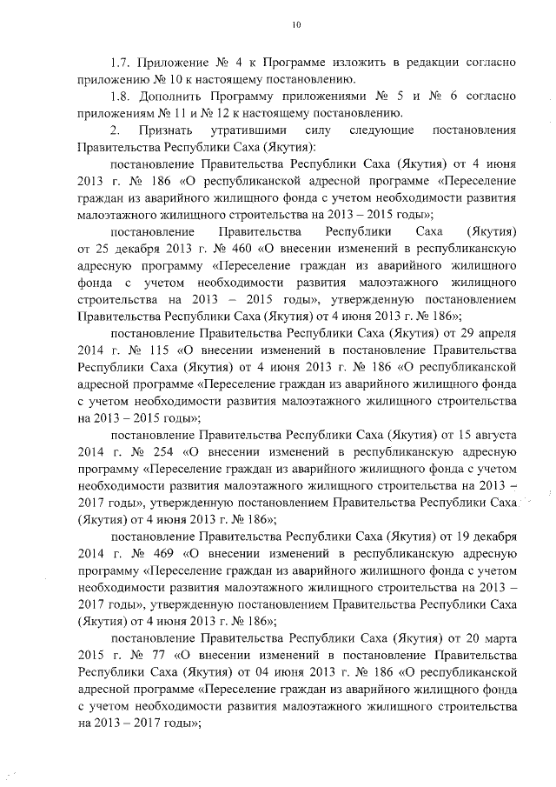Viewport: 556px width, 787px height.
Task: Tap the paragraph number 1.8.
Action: point(120,97)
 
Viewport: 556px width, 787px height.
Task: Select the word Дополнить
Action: point(173,97)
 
